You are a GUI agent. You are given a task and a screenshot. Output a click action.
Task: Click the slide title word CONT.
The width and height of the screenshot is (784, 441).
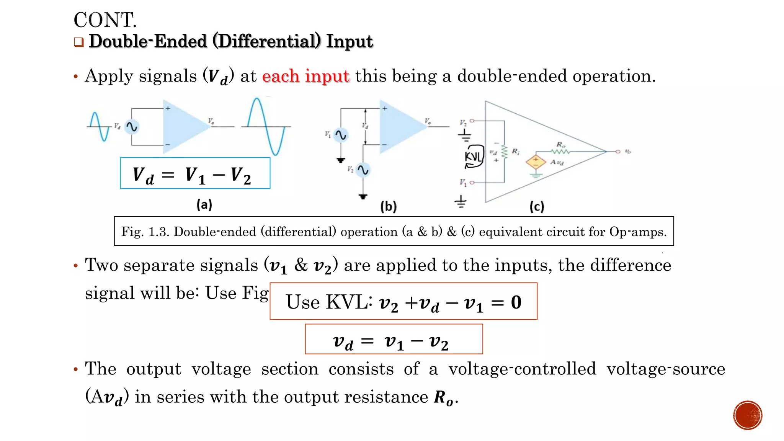click(x=105, y=20)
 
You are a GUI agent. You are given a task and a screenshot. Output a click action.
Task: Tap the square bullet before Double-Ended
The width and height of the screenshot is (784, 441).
click(x=79, y=42)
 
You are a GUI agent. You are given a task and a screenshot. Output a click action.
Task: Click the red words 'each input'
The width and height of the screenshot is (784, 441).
click(x=305, y=76)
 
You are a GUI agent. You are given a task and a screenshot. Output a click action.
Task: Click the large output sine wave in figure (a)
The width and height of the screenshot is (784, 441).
click(x=266, y=126)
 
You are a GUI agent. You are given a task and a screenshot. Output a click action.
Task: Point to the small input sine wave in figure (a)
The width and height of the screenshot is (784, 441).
click(x=99, y=126)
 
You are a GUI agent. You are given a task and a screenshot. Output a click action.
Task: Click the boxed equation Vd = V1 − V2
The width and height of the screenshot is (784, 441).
click(x=195, y=173)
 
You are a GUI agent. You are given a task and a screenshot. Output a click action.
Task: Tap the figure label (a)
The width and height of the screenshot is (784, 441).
click(x=204, y=204)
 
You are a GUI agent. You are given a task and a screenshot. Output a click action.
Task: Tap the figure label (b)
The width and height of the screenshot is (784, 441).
click(x=388, y=207)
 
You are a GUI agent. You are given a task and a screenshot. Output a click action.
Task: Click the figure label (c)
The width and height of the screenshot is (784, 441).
click(x=537, y=207)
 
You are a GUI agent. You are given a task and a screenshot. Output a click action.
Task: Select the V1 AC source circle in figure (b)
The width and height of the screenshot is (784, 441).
click(x=341, y=135)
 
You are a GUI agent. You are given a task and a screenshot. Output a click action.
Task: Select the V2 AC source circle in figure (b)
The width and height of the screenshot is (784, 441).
click(x=363, y=170)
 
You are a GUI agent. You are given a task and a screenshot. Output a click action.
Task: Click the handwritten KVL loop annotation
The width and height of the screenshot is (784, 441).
click(x=474, y=157)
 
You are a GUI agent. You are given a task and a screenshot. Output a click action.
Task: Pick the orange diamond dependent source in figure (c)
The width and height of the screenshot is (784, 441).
click(x=536, y=162)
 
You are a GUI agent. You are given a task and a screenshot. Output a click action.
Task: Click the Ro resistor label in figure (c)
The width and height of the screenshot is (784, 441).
click(x=560, y=144)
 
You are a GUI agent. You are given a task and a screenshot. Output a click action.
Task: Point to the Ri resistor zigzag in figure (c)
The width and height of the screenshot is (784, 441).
click(x=505, y=152)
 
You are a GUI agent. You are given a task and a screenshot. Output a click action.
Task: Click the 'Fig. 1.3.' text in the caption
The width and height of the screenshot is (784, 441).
click(x=145, y=232)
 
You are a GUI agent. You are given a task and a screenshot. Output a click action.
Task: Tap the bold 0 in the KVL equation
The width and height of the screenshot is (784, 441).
click(x=516, y=302)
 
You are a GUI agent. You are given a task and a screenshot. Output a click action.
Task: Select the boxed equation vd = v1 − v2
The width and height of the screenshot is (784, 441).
click(x=394, y=339)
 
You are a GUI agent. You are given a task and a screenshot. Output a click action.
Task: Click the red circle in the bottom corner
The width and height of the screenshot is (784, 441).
click(x=748, y=415)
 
